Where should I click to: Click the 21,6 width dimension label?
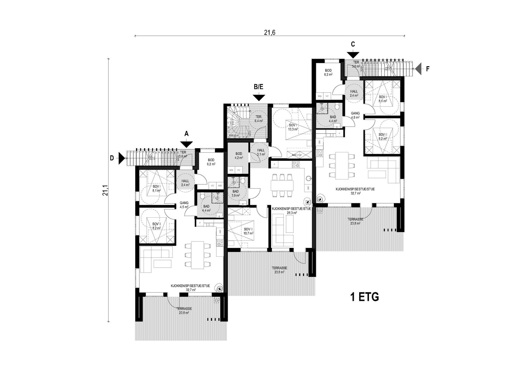(270, 32)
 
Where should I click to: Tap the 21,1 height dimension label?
(105, 190)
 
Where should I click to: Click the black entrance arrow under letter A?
(187, 143)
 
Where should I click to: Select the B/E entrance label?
(259, 87)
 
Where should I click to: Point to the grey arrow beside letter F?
(418, 69)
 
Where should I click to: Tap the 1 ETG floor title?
(364, 297)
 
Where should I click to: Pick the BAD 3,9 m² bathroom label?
(236, 193)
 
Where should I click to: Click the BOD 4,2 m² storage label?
(239, 156)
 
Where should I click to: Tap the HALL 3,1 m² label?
(261, 152)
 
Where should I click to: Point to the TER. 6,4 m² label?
(259, 119)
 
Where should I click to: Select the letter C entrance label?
(353, 44)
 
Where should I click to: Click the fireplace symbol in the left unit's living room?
(221, 288)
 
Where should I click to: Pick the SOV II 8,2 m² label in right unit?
(383, 136)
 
